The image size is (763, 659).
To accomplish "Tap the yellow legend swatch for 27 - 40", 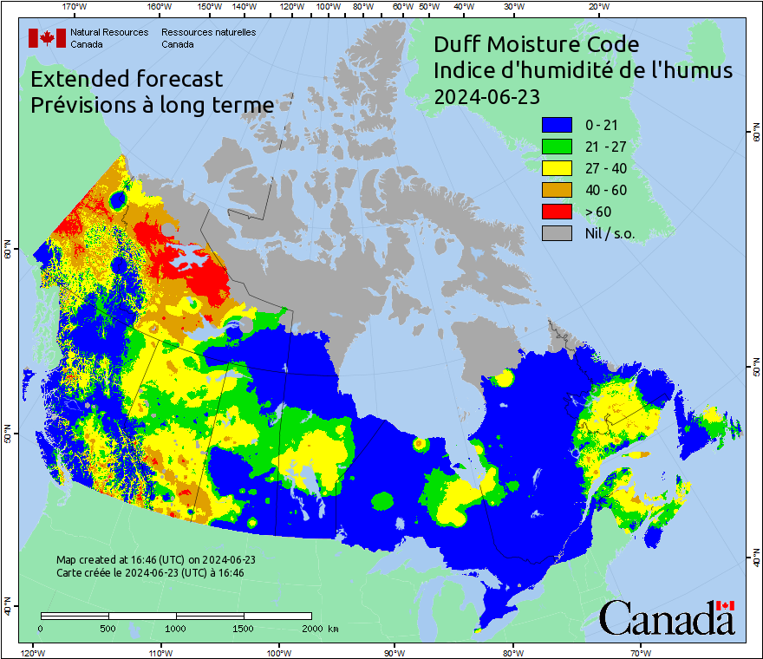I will click(x=558, y=169).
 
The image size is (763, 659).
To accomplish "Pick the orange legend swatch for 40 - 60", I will click(x=558, y=190).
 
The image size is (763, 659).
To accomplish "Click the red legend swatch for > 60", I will click(x=558, y=212).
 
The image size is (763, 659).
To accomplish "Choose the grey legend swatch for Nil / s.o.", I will click(x=558, y=233).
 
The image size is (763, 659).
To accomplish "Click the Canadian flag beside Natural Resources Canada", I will click(x=47, y=37).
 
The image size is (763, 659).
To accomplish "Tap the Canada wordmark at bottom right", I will click(x=667, y=617).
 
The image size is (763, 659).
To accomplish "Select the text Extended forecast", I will click(x=127, y=79).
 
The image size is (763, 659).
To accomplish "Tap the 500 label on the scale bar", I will click(x=108, y=628).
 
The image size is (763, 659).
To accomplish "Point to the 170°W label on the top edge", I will click(x=75, y=7).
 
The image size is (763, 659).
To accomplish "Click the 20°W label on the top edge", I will click(x=597, y=7).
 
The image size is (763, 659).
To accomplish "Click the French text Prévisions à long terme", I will click(x=152, y=105).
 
